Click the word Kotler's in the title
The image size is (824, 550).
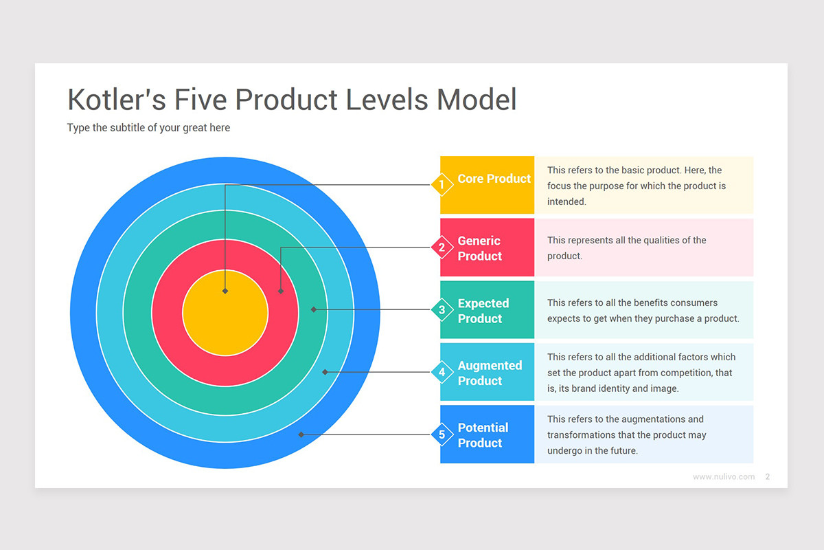pos(116,100)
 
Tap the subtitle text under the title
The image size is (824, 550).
pos(148,128)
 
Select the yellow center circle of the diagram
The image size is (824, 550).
pos(225,313)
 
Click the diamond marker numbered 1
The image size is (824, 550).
pos(442,185)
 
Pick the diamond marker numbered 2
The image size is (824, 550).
pos(442,247)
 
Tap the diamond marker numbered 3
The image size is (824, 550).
pos(442,310)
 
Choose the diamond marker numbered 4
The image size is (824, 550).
pos(442,372)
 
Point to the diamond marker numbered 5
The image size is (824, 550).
pos(442,434)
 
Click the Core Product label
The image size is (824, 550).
pos(494,179)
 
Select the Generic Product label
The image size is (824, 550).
pos(479,248)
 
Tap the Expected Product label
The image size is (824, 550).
pos(483,311)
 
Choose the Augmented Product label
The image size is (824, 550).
pos(490,373)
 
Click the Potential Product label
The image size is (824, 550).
pos(483,435)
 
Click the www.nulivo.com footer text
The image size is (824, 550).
pos(723,476)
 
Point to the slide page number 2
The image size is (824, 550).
pos(768,476)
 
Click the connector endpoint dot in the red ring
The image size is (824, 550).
pos(281,291)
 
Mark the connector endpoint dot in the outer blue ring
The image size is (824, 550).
pos(301,434)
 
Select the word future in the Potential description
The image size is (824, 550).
pos(622,451)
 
